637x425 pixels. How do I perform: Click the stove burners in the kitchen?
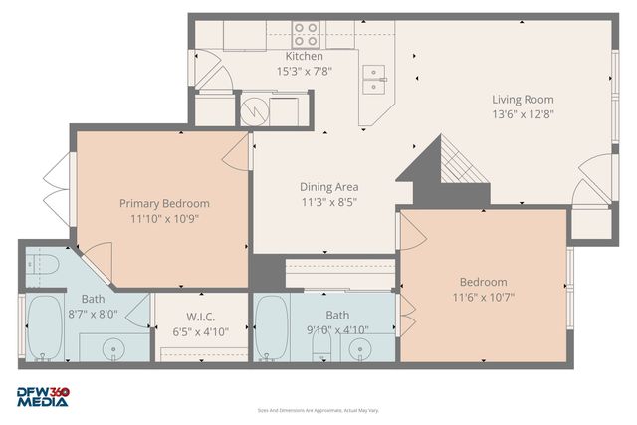306,34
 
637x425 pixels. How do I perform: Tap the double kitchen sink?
374,79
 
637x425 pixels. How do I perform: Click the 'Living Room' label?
522,99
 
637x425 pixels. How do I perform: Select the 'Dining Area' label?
328,186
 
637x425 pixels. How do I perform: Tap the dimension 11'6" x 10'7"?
483,296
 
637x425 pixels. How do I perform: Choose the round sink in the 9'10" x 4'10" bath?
361,348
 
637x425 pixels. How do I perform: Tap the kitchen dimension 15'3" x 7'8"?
304,71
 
